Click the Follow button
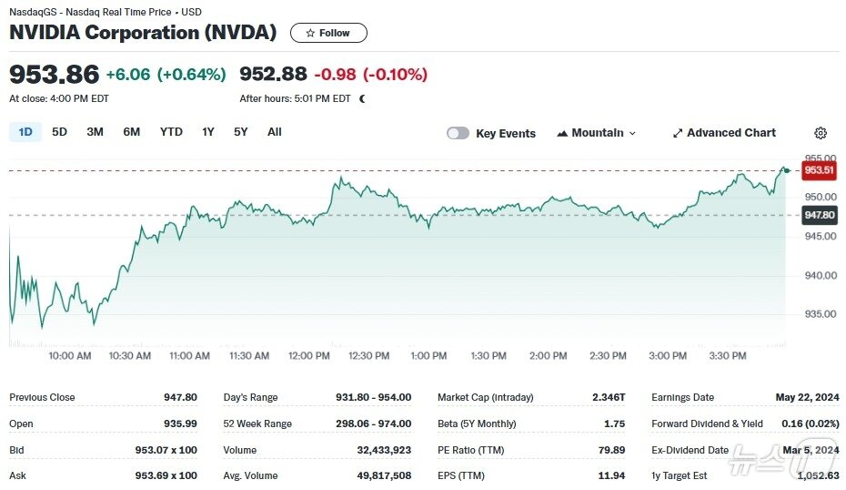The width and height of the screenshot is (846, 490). (328, 33)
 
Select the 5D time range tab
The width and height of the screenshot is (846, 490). (59, 132)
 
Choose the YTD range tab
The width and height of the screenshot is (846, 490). (171, 132)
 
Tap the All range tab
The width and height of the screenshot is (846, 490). (275, 132)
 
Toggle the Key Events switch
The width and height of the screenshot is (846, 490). (458, 133)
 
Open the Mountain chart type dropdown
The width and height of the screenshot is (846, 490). (597, 133)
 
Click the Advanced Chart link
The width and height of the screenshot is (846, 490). (724, 133)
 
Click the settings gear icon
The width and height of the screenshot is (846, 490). (821, 133)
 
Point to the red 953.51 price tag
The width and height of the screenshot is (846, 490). (819, 170)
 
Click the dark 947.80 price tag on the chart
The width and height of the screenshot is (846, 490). (819, 215)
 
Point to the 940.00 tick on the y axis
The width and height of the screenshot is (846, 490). (820, 275)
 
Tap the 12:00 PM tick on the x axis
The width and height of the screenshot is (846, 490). (309, 355)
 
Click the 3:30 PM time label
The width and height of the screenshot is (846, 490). (728, 355)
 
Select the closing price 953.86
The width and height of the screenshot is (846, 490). (54, 75)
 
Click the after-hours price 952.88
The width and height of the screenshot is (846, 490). (273, 75)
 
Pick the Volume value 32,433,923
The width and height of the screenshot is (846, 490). (379, 450)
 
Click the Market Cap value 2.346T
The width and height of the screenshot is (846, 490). (607, 397)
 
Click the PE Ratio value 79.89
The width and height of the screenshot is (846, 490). (609, 450)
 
